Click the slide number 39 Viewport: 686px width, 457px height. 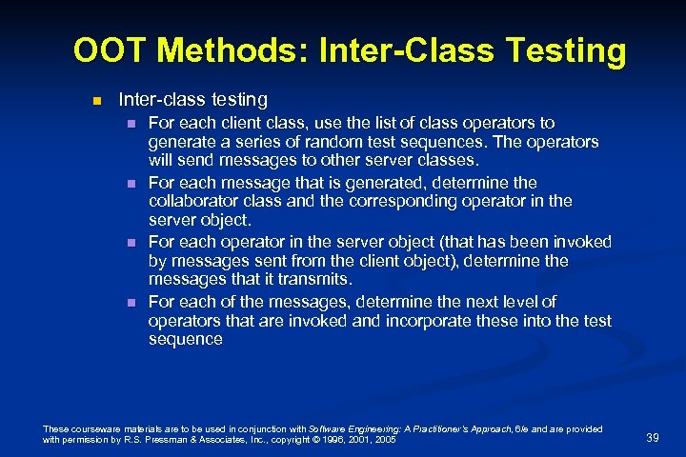[x=653, y=436]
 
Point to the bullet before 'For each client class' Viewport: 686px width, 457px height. [x=131, y=124]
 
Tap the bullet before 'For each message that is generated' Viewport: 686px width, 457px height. [x=131, y=183]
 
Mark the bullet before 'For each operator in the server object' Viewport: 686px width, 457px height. [x=131, y=243]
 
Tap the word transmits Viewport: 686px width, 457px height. [x=317, y=279]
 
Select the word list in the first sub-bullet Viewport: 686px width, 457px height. [x=361, y=123]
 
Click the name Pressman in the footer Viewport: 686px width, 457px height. [x=171, y=440]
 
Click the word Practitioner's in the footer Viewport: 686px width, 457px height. [x=436, y=429]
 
